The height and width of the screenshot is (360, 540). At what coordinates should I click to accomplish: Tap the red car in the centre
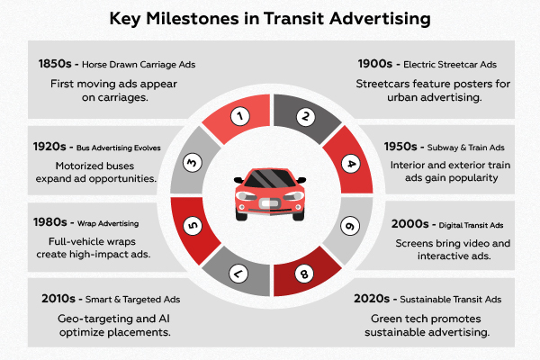[x=271, y=193]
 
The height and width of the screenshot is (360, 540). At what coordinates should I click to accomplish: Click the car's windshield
[x=271, y=180]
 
